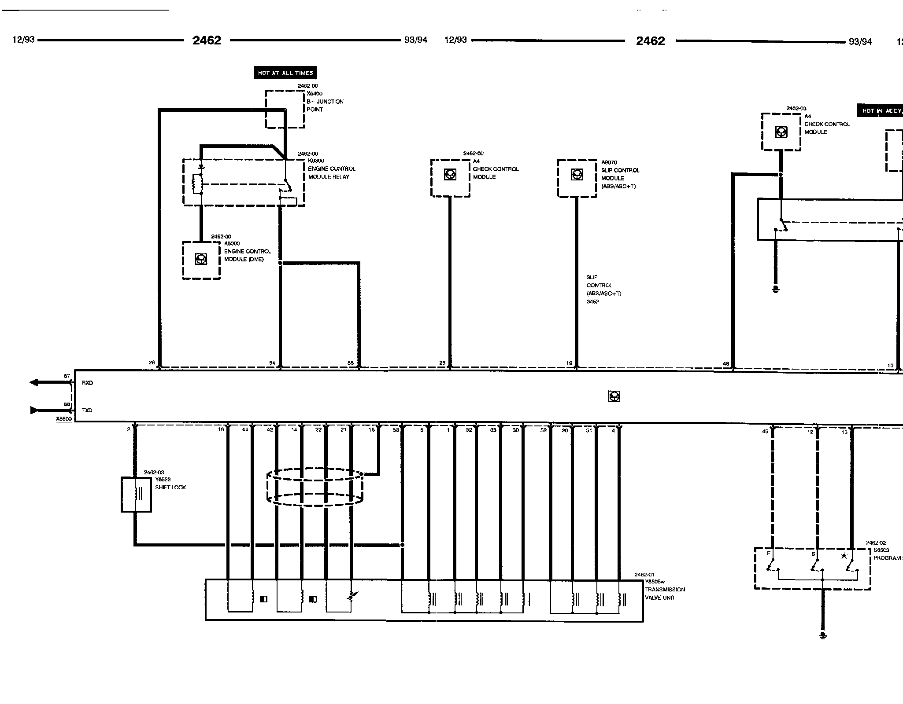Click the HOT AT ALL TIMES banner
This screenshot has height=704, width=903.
[285, 73]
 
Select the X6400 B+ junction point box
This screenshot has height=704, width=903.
[285, 109]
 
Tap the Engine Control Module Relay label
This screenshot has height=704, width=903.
[331, 172]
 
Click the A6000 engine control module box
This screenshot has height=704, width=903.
[201, 260]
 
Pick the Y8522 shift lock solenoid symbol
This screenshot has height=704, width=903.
[136, 494]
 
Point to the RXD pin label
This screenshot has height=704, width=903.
[87, 383]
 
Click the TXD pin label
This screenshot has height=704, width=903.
[87, 410]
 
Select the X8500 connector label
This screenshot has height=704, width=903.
[64, 419]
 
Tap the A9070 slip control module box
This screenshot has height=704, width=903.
[577, 178]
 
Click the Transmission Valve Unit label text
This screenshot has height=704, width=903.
[665, 593]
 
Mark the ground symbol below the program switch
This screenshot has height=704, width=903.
[822, 635]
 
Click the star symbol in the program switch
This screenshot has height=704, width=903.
[844, 556]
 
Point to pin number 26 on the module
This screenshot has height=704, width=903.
[152, 363]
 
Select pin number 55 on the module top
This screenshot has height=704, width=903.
[351, 363]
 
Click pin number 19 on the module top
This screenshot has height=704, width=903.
[569, 363]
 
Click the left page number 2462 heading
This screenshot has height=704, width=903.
[207, 40]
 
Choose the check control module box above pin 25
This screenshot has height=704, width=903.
[450, 178]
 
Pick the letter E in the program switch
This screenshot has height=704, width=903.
[769, 554]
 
